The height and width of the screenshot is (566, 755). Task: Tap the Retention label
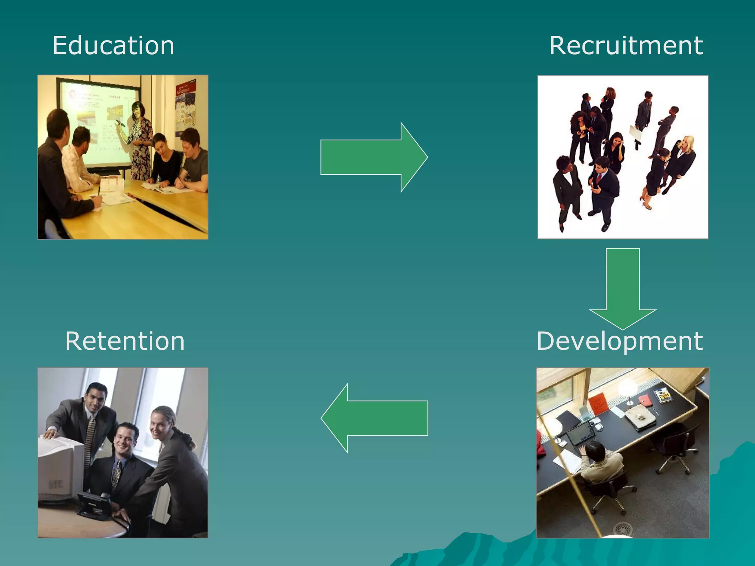(x=125, y=341)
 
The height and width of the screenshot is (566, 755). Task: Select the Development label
(x=619, y=341)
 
